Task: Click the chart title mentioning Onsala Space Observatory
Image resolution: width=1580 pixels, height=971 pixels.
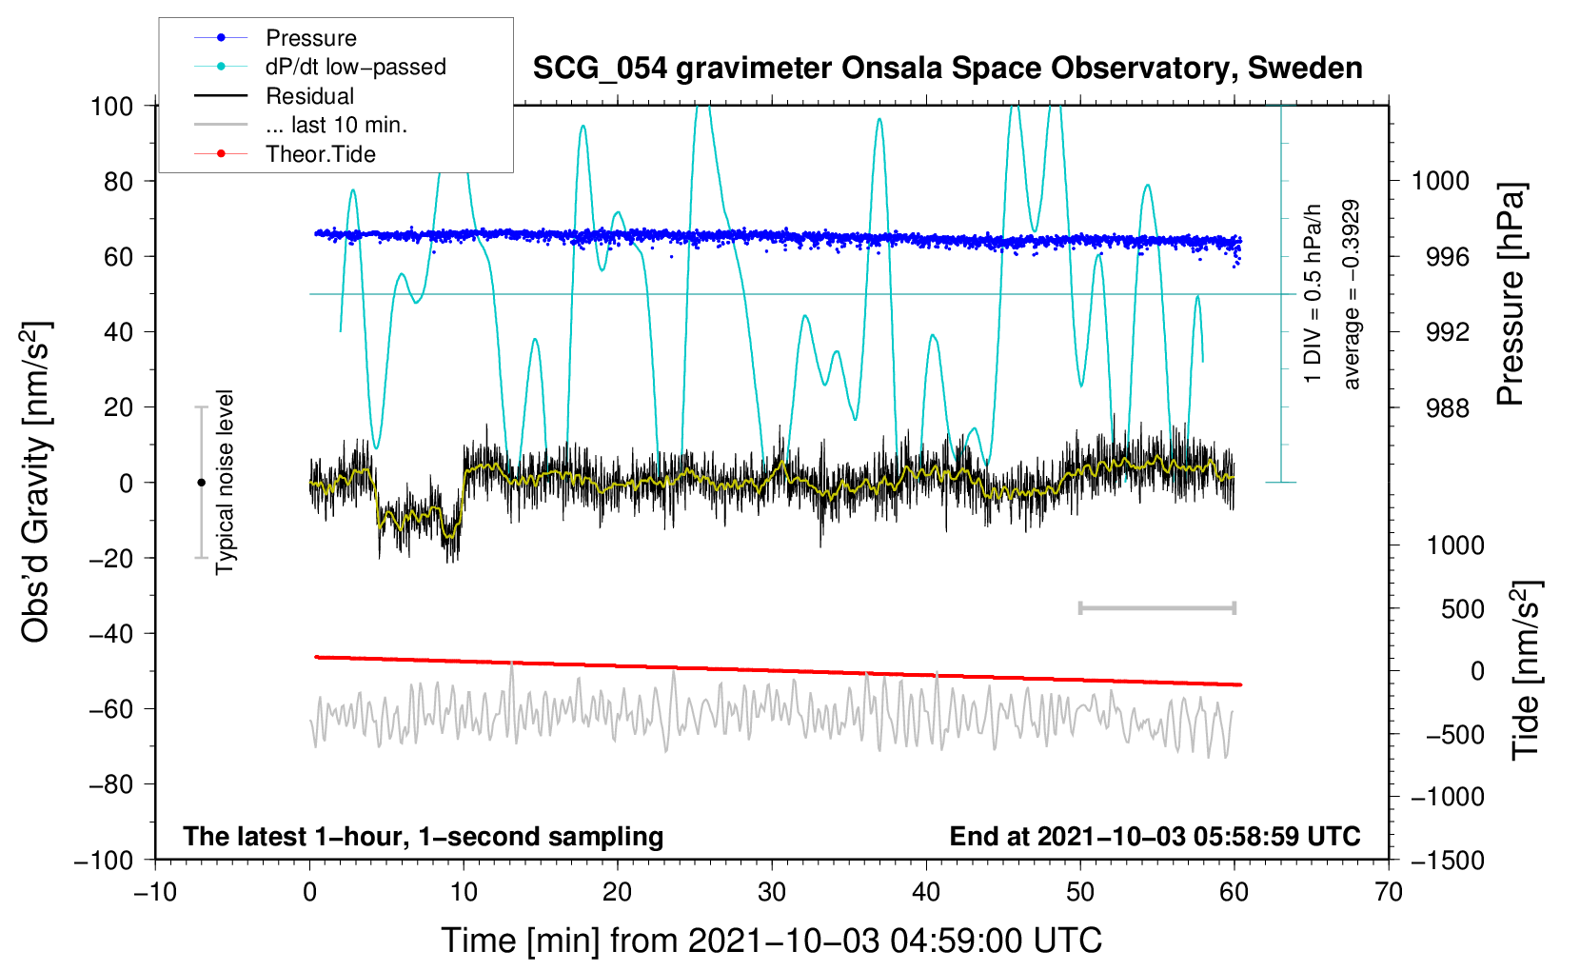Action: click(x=947, y=69)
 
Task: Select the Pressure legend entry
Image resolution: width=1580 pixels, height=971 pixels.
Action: click(x=310, y=38)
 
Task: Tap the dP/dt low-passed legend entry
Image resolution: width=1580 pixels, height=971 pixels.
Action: click(x=355, y=67)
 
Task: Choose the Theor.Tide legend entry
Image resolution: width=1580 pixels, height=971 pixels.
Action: click(x=320, y=154)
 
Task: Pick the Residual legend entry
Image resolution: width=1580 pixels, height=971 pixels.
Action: click(x=309, y=96)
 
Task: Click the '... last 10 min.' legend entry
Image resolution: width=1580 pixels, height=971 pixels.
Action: click(x=336, y=125)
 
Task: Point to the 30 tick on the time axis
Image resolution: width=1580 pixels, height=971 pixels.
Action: click(x=772, y=892)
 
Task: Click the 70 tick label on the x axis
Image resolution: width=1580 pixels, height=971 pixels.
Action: click(x=1389, y=892)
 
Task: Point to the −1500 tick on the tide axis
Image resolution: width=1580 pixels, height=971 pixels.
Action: click(x=1447, y=860)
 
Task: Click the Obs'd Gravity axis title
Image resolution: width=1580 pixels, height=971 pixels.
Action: click(x=36, y=482)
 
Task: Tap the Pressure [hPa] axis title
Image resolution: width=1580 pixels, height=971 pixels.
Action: click(x=1511, y=295)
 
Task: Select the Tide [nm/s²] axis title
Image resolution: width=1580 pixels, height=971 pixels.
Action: click(x=1526, y=669)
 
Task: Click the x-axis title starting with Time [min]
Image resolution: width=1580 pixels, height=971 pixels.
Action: click(x=772, y=941)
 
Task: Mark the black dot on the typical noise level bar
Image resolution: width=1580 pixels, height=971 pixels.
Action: click(x=201, y=483)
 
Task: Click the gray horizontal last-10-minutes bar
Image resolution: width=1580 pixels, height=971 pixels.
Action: click(x=1157, y=608)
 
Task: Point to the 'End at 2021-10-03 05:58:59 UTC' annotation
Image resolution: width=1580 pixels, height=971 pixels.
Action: click(x=1155, y=837)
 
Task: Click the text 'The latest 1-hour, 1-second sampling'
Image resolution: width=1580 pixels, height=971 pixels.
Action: click(x=424, y=837)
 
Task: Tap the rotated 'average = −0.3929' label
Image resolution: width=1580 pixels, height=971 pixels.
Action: click(x=1351, y=295)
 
